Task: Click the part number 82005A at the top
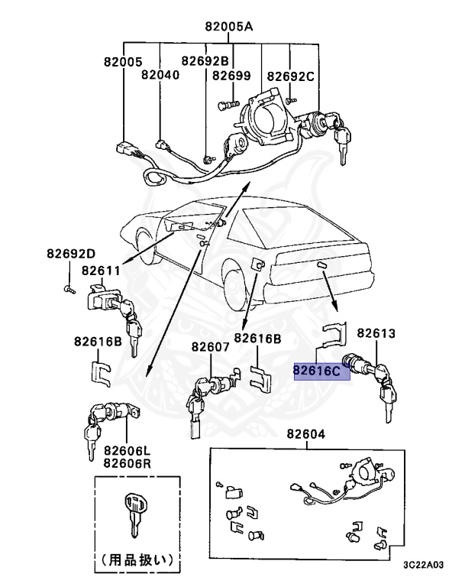pyautogui.click(x=228, y=26)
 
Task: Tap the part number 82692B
pyautogui.click(x=204, y=60)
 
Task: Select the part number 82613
pyautogui.click(x=376, y=333)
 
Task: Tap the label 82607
pyautogui.click(x=210, y=346)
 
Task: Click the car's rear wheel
pyautogui.click(x=237, y=293)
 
